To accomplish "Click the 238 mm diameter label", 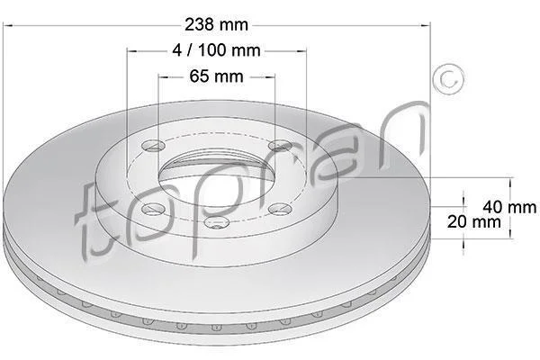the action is point(216,25).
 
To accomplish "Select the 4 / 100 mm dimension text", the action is point(216,50).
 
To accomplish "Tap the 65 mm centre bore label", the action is point(216,76).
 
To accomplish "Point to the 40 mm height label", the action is point(509,207).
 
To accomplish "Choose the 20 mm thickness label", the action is point(474,221).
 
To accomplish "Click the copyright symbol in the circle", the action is point(448,79).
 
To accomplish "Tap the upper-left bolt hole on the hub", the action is point(153,146).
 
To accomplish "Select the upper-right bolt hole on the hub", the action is point(280,146).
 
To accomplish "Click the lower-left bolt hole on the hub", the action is point(153,209).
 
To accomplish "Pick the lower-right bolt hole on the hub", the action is point(280,209).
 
